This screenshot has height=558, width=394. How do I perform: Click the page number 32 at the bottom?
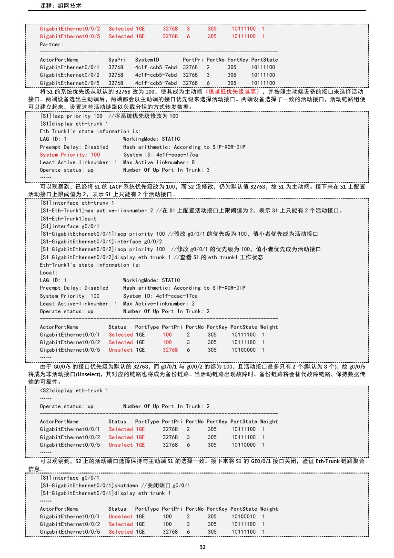tap(202, 547)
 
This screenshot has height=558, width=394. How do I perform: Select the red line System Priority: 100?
tap(70, 155)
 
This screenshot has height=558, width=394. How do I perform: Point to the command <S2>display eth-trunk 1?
tap(74, 390)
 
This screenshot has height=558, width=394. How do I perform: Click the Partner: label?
tap(51, 44)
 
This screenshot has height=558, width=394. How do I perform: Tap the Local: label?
tap(49, 273)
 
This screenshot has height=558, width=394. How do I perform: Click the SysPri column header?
tap(117, 60)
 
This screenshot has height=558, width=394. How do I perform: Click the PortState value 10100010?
tap(243, 516)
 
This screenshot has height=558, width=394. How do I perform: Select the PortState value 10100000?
tap(243, 350)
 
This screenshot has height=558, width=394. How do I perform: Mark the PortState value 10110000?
tap(243, 445)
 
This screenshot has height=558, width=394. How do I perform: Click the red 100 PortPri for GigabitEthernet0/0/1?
tap(167, 335)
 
